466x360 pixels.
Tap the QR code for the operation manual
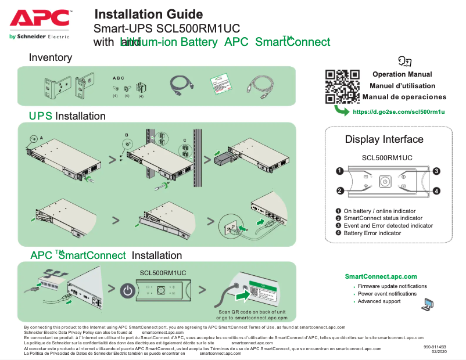pos(342,87)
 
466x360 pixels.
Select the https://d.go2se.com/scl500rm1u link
pos(399,111)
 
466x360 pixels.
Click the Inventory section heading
pos(51,57)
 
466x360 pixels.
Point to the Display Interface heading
pos(383,139)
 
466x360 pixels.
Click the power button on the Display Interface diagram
pos(384,181)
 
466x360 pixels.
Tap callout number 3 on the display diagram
pos(436,171)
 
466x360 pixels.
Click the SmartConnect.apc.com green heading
pos(381,276)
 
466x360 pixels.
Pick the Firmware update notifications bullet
pos(392,286)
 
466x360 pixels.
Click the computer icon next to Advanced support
pos(428,304)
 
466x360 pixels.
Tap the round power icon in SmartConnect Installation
pos(127,290)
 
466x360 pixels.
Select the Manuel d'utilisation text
pos(402,86)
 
